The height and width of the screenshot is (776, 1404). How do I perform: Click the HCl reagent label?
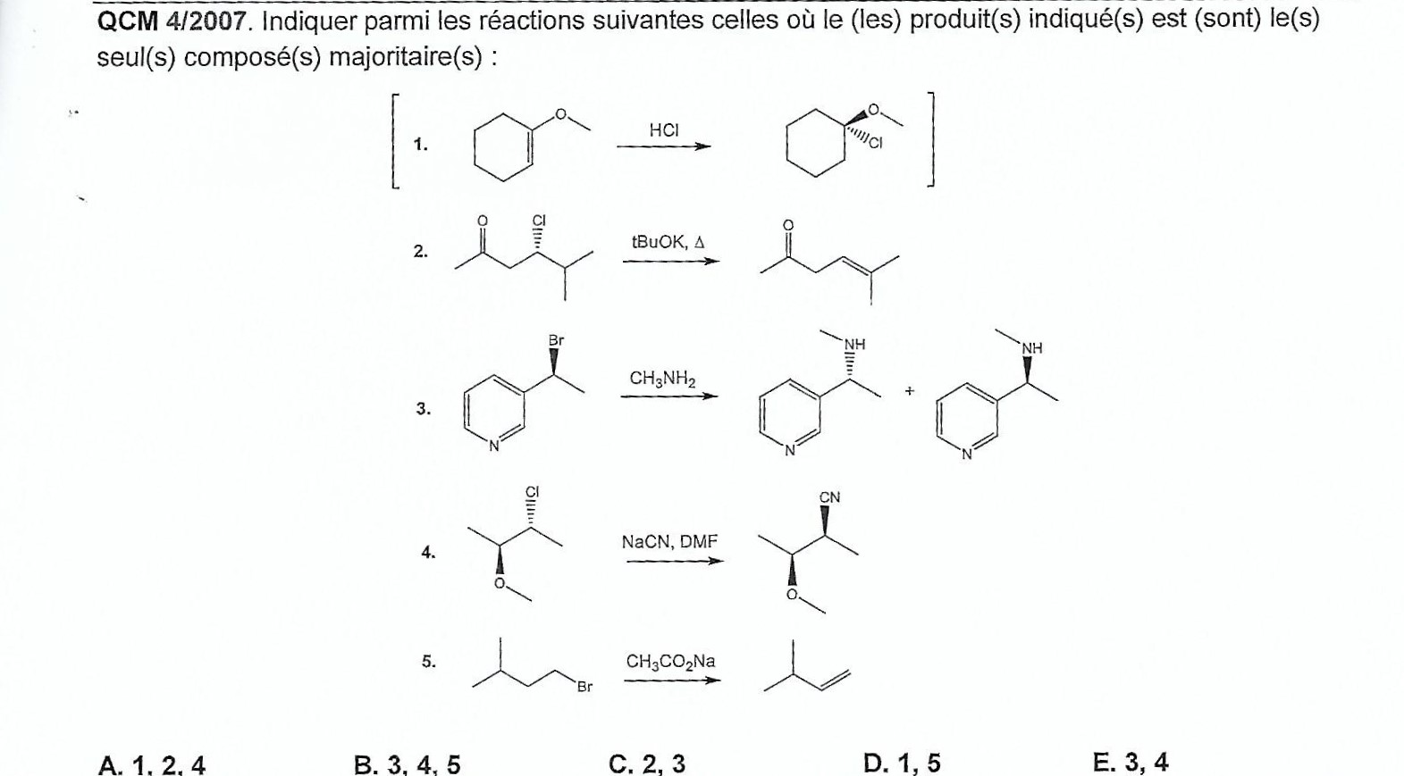[664, 130]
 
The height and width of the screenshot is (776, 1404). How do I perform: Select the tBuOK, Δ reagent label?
[668, 242]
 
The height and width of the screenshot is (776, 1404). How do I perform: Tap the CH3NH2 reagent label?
[662, 379]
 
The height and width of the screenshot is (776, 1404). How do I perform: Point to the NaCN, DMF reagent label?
[669, 542]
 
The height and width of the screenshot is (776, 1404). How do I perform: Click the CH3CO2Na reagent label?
[670, 662]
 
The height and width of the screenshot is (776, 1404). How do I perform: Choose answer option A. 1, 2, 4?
[152, 765]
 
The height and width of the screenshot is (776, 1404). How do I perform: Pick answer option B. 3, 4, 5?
[407, 764]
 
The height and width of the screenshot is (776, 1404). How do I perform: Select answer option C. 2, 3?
[647, 764]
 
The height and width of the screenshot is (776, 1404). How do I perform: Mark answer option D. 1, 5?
[902, 763]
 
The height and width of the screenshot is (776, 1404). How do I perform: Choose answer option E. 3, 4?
[1131, 763]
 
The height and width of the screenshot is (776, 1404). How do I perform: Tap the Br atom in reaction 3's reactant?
[556, 341]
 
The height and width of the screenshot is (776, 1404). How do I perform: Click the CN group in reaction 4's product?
[829, 498]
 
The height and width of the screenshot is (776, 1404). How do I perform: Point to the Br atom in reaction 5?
[584, 687]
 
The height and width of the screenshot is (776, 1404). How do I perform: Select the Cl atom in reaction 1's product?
[875, 144]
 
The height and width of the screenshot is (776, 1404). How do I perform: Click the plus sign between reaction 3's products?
[910, 391]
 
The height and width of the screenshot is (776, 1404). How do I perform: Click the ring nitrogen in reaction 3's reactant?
[494, 446]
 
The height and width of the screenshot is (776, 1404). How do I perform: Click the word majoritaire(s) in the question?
[406, 58]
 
